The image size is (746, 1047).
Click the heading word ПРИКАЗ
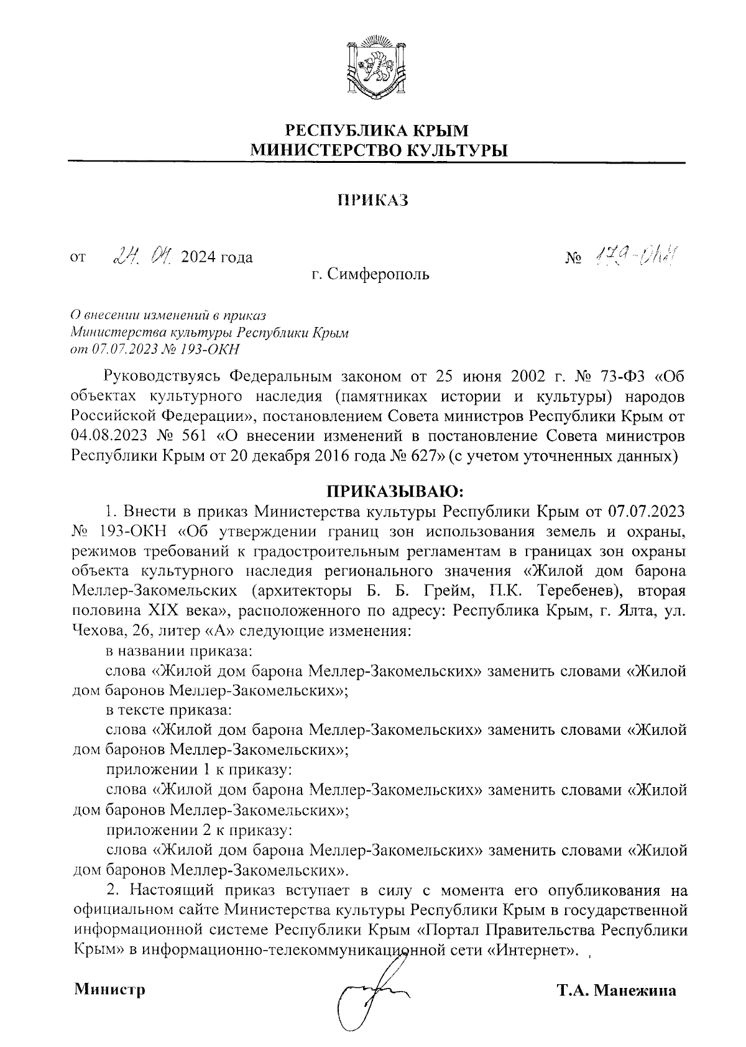pyautogui.click(x=372, y=200)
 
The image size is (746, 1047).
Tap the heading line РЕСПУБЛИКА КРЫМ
pyautogui.click(x=375, y=131)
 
